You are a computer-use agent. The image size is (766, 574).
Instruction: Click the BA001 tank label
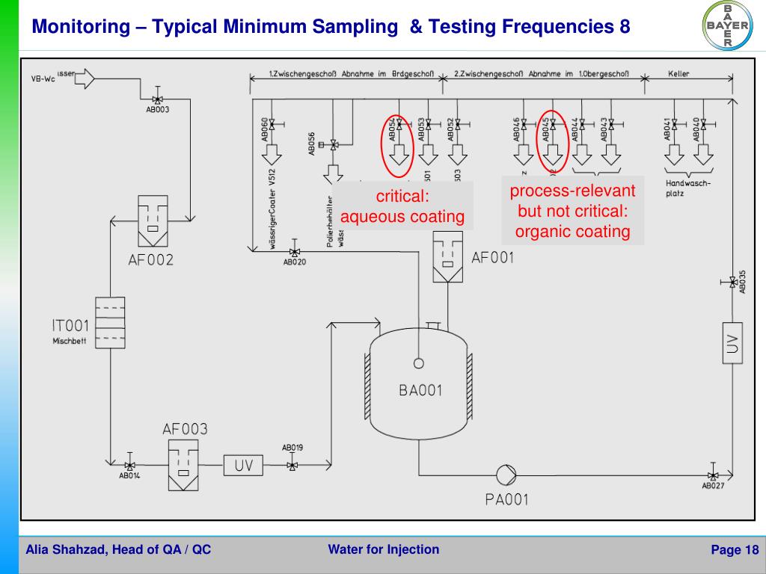pos(420,389)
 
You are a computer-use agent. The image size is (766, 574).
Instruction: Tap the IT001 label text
pos(70,325)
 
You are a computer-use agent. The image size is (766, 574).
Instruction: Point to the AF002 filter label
pos(150,260)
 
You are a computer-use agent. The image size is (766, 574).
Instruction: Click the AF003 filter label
pos(185,429)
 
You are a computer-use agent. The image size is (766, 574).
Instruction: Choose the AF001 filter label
pos(493,258)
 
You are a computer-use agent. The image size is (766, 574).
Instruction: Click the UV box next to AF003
pos(244,466)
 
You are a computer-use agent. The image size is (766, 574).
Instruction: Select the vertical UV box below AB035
pos(732,343)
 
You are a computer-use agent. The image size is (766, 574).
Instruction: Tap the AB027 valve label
pos(713,487)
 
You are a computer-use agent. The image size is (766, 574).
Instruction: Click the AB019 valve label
pos(292,448)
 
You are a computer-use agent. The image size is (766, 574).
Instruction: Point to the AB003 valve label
pos(157,109)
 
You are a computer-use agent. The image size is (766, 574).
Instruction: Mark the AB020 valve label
pos(294,262)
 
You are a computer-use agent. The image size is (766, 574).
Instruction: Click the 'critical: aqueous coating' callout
pos(402,207)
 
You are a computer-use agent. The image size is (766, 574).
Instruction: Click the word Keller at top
pos(678,75)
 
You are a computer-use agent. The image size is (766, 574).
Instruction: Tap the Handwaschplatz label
pos(687,188)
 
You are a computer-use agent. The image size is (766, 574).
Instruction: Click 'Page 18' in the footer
pos(734,551)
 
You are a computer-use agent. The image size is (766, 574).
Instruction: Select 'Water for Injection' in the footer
pos(383,550)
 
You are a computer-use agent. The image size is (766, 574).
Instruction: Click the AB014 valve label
pos(129,475)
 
